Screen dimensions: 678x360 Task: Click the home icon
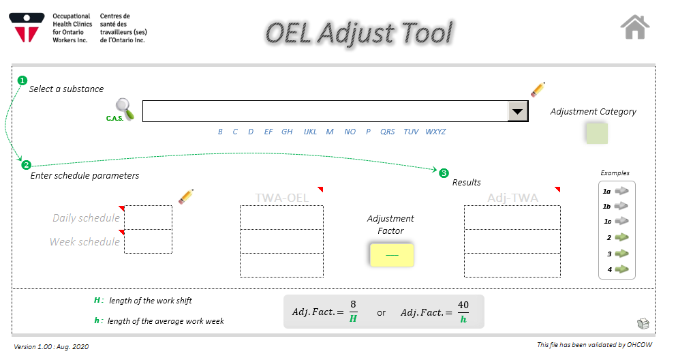point(635,27)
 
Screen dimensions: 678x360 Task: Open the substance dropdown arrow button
point(518,111)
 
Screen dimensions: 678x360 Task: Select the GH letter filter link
point(287,132)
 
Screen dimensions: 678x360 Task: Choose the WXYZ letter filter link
point(435,132)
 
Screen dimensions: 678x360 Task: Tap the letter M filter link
point(330,132)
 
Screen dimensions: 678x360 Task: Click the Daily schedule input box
point(149,217)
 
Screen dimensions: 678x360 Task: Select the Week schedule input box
point(149,241)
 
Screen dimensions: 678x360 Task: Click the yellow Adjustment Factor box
point(392,255)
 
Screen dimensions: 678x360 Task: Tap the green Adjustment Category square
point(597,133)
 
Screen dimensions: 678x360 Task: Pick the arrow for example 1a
point(622,191)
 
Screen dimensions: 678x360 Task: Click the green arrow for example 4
point(622,269)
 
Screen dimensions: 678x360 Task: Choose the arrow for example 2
point(622,237)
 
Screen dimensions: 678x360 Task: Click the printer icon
point(643,323)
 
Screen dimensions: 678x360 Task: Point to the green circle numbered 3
point(444,173)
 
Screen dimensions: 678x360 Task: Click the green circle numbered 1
point(22,80)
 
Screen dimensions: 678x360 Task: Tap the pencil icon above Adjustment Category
point(538,89)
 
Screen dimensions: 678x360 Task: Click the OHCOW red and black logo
point(27,28)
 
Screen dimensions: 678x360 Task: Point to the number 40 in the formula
point(463,305)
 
